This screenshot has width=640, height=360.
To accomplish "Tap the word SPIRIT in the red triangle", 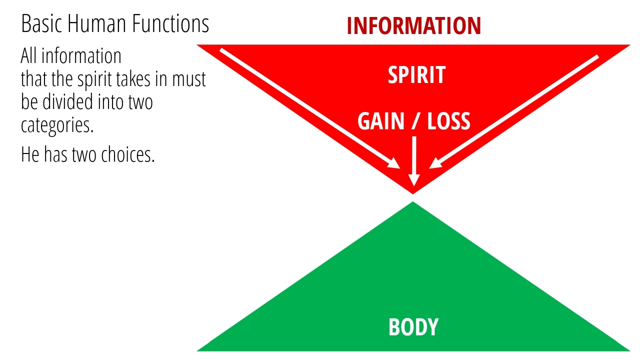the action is pos(417,74).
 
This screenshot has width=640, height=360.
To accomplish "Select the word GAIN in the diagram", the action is pos(381,121).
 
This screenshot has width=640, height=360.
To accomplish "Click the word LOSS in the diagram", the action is pos(448,121).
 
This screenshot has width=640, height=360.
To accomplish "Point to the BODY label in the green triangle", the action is pos(413,327).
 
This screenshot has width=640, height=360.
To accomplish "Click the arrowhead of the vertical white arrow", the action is pos(413,179).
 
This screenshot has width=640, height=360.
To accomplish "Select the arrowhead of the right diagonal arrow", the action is pos(435,163).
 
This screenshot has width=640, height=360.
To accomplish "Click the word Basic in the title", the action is pos(41,23).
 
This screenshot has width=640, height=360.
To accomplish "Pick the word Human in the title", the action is pos(97,23).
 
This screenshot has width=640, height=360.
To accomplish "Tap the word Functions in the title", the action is pos(170,23).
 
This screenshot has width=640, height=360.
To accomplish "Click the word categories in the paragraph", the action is pos(57,125).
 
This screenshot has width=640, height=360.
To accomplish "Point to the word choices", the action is pos(127,154).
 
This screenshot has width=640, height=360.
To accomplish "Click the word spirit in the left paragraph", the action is pos(95,79).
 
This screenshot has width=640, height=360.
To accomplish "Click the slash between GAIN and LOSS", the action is pos(415,121).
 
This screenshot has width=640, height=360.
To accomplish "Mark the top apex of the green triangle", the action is pos(413,201).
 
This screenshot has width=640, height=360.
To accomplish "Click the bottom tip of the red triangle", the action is pos(413,194).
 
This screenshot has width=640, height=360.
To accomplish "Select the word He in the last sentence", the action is pos(30,154).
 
